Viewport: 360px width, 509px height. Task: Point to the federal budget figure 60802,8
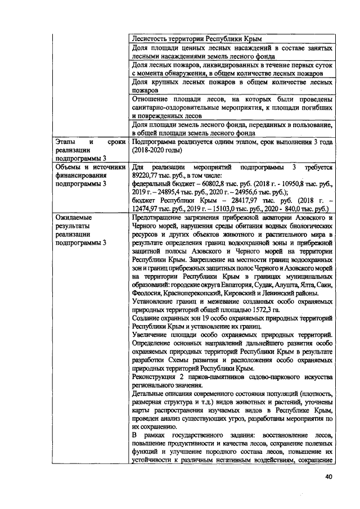210,183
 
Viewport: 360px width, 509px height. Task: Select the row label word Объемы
66,168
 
